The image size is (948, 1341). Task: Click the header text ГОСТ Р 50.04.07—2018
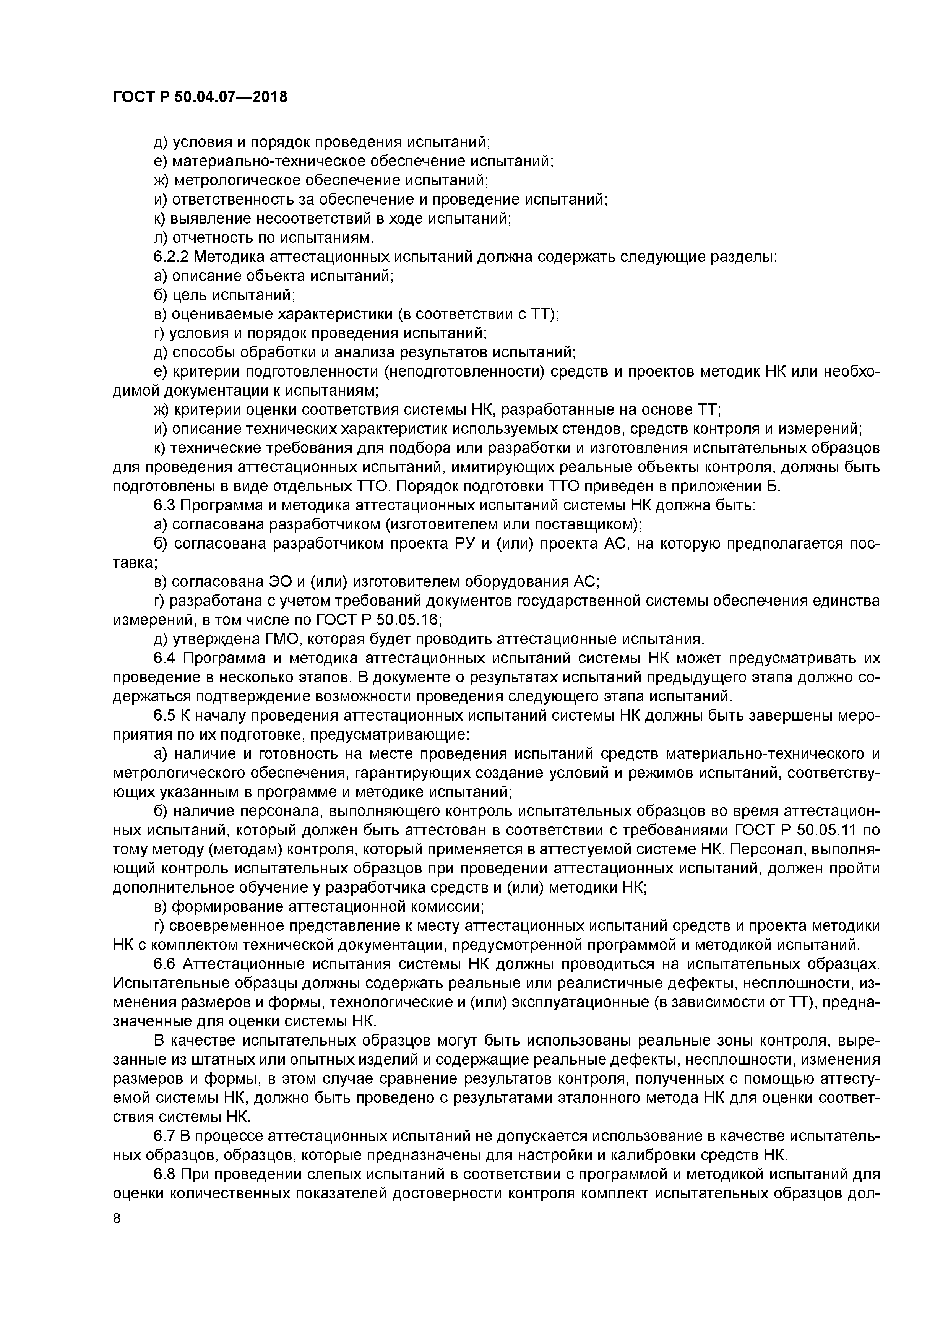[200, 96]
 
